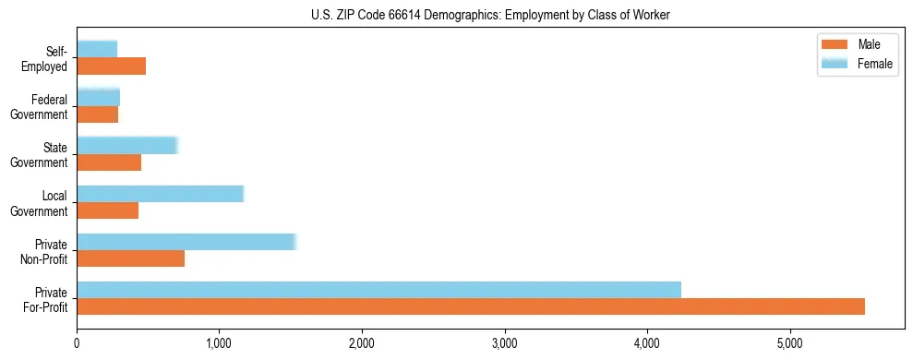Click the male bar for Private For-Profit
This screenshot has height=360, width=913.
[471, 306]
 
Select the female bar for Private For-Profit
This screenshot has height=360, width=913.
[378, 290]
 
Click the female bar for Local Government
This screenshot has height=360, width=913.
[160, 193]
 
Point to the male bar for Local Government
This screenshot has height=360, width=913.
[107, 210]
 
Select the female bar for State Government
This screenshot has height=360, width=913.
[126, 145]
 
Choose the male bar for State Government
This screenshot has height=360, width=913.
[109, 162]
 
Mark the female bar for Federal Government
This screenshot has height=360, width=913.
[98, 97]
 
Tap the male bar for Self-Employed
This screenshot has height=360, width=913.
[111, 66]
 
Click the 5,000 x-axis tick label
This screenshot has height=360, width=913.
[789, 343]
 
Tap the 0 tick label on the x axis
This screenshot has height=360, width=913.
[77, 343]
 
